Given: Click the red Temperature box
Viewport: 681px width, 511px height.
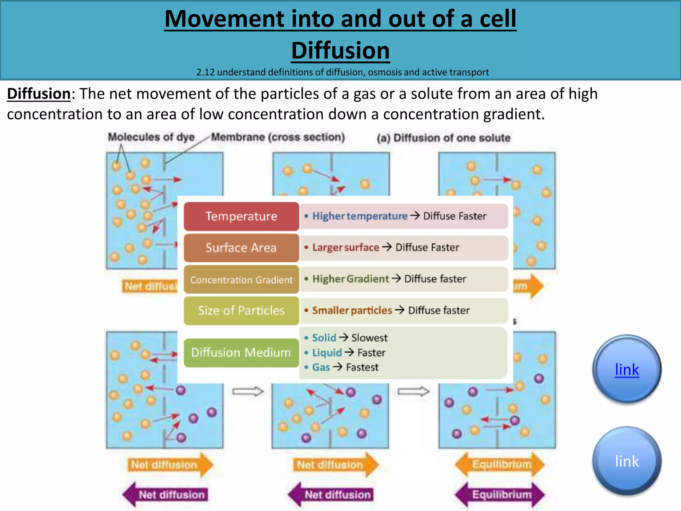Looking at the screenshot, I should tap(241, 216).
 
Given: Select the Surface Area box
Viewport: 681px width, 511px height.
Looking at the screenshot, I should tap(241, 248).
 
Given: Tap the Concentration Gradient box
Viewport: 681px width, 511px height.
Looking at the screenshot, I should tap(241, 279).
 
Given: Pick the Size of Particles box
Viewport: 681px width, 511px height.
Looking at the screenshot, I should tap(241, 311).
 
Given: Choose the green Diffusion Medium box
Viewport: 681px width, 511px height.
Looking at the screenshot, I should tap(241, 353).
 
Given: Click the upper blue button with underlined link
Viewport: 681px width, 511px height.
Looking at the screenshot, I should tap(627, 369).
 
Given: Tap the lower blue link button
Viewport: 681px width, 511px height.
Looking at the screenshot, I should tap(627, 461).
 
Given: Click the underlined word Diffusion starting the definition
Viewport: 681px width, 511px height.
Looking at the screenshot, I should tap(39, 94).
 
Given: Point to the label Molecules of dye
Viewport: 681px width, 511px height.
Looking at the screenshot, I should tap(151, 137).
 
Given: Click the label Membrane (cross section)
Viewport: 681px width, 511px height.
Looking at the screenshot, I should tap(278, 137).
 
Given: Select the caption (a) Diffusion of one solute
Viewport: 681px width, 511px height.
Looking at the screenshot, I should tap(444, 138).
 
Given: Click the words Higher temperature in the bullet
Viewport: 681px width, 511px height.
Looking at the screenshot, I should tap(360, 216).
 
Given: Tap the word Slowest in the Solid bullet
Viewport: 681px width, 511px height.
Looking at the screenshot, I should tap(369, 338).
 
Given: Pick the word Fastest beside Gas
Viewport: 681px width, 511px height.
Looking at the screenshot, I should tap(362, 367).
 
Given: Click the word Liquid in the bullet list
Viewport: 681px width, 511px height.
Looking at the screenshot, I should tap(327, 353).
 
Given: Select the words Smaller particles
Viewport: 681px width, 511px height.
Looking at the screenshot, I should tap(352, 310).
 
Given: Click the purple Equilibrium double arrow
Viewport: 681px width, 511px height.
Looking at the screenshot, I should tap(500, 495).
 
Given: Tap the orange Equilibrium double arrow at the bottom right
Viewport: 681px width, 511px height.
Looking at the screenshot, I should tap(500, 464).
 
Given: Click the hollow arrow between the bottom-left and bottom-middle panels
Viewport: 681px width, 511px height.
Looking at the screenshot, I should tap(248, 392).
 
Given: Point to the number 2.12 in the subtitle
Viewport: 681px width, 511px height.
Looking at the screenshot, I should tap(205, 72).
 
